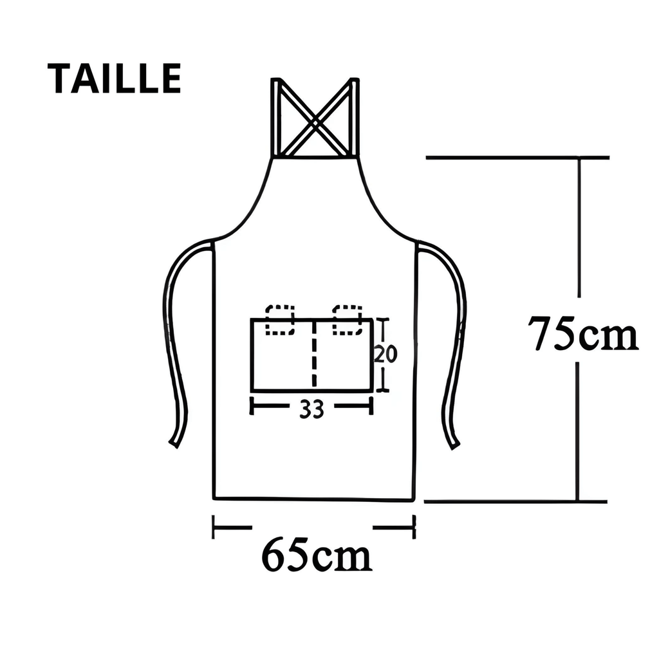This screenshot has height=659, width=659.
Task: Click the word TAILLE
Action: coord(114,79)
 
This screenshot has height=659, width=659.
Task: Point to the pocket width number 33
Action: coord(311,409)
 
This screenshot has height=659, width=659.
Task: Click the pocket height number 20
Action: coord(385,354)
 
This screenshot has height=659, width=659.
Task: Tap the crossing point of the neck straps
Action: coord(315,119)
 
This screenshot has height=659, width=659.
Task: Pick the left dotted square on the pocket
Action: coord(280,320)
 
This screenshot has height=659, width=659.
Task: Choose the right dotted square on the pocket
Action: coord(348,320)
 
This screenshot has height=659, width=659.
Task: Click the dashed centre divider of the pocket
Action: coord(313,354)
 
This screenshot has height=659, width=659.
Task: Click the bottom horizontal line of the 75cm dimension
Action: coord(515,501)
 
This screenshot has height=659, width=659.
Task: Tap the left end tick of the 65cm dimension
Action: coord(214,527)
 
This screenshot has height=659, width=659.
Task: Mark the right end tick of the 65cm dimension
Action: coord(414,527)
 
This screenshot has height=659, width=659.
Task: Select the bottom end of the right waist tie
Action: coord(455,443)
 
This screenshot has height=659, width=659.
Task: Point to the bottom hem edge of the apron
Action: coord(313,499)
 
